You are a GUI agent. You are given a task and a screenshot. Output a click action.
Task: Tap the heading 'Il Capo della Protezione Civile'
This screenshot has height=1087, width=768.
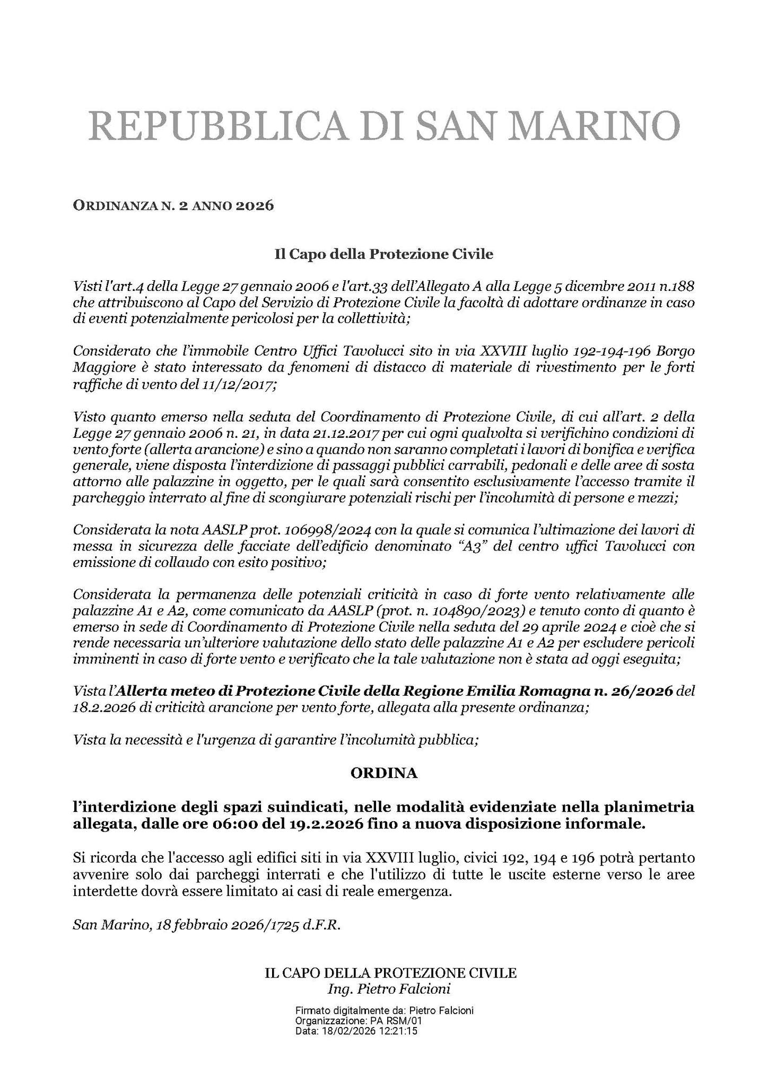[x=383, y=255]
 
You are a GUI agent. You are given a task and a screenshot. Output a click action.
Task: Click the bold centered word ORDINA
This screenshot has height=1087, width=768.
[x=383, y=773]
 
